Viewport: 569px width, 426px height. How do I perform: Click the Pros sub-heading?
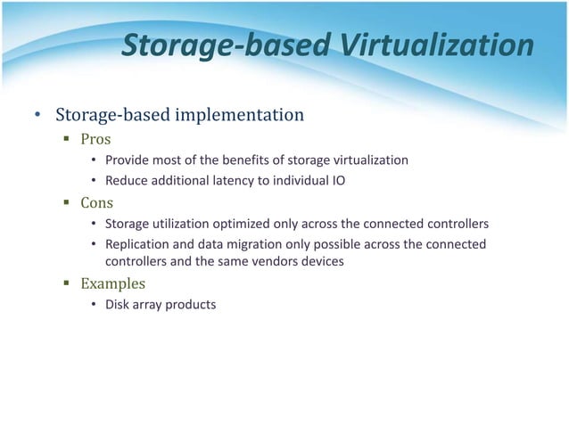(x=95, y=140)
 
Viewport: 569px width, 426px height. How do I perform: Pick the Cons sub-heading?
(x=97, y=202)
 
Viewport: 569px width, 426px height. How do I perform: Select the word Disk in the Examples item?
(x=117, y=305)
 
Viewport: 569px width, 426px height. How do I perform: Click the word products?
(x=189, y=305)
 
